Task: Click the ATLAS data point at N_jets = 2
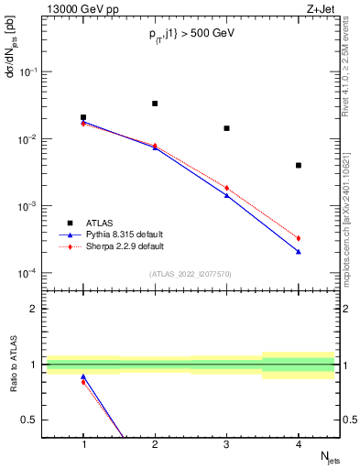tap(155, 104)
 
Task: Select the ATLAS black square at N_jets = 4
tap(299, 166)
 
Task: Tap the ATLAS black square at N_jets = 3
tap(226, 128)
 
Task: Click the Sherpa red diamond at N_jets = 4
tap(299, 238)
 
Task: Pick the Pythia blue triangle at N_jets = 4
tap(299, 252)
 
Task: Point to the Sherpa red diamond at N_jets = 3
tap(226, 188)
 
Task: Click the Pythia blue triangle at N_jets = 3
tap(226, 195)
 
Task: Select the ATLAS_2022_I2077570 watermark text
tap(191, 273)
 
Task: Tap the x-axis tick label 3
tap(226, 443)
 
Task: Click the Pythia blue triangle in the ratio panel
tap(83, 376)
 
